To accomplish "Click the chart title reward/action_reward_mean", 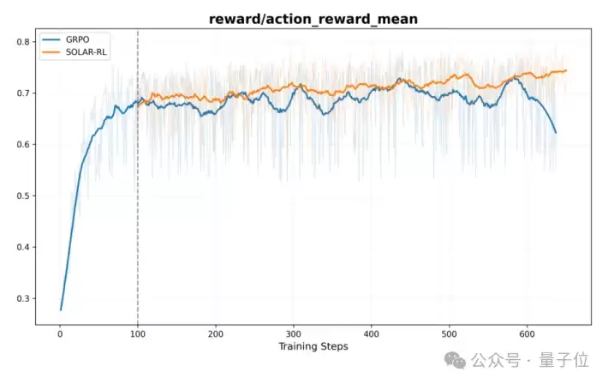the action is point(313,19).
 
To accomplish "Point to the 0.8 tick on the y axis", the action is point(23,41).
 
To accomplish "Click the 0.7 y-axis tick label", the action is point(23,93).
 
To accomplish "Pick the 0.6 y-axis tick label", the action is point(23,145).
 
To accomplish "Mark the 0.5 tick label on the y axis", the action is point(23,195).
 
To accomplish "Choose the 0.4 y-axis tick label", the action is point(23,247).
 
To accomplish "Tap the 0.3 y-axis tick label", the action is point(23,298).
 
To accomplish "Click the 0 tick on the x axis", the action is point(60,334).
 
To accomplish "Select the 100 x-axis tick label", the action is point(138,334).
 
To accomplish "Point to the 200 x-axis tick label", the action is point(216,334).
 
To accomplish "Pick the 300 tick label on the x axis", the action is point(294,334).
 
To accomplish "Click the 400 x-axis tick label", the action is point(372,334).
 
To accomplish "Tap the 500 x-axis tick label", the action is point(449,334).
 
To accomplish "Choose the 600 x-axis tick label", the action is point(527,334).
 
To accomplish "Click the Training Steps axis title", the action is point(313,347).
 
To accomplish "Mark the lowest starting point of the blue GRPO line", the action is point(61,309).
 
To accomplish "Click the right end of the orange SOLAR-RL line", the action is point(567,70).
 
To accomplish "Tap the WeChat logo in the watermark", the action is point(456,361).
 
